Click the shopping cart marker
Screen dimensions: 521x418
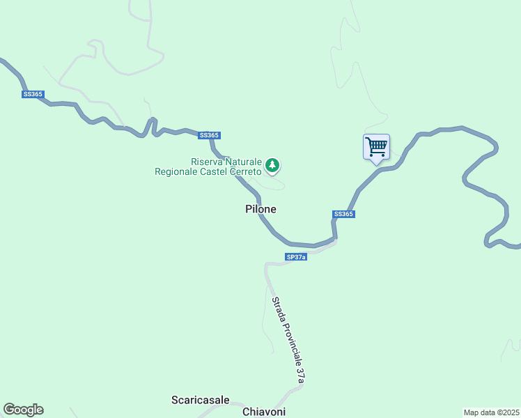(376, 148)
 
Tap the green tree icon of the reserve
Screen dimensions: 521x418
(272, 166)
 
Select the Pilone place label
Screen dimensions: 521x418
(261, 209)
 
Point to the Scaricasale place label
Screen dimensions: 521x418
(201, 400)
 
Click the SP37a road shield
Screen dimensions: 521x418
(296, 257)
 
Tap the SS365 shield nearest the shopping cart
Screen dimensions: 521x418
(344, 214)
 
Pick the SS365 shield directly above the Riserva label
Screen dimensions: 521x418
(209, 135)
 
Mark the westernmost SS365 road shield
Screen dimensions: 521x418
(32, 94)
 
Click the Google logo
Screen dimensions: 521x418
(23, 410)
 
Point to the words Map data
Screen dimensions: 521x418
(479, 412)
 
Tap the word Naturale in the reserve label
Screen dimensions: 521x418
(244, 162)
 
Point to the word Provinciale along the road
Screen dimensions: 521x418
(293, 345)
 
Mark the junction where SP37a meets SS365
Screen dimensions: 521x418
(335, 240)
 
